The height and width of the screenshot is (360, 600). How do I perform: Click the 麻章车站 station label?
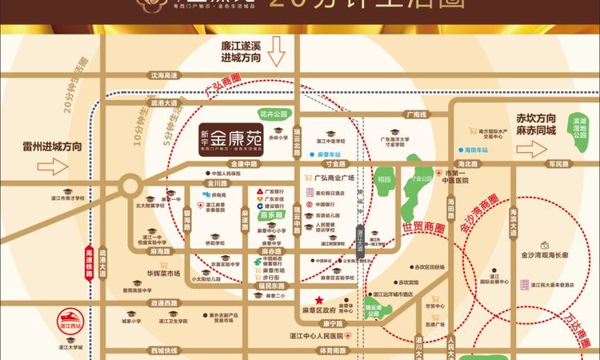coord(330,154)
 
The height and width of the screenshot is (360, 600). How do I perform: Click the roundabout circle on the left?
coord(130,186)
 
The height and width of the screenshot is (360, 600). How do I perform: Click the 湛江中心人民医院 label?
coord(314,335)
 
